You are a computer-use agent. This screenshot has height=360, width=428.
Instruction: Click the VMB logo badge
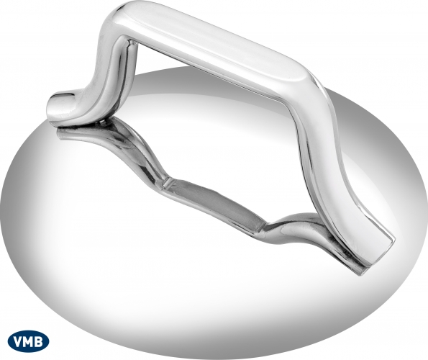(x=28, y=341)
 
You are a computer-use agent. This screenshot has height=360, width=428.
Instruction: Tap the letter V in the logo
(x=18, y=342)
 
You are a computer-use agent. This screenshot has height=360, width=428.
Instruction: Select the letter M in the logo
(x=29, y=342)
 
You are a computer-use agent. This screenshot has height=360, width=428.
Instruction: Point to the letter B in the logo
(x=40, y=342)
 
